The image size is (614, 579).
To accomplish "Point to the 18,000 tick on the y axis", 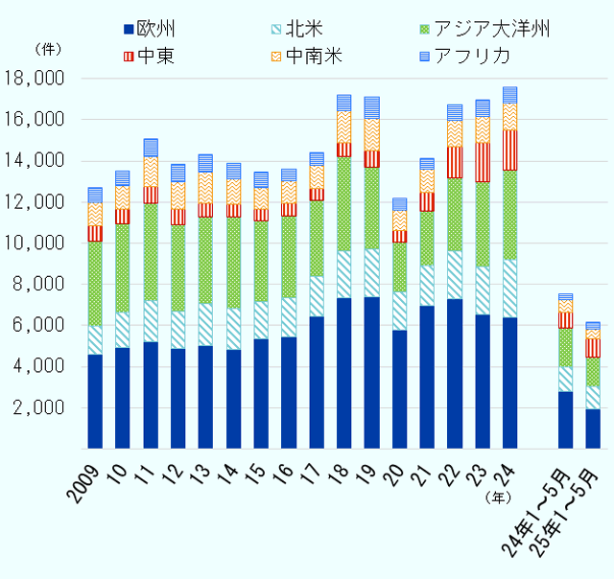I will (37, 79).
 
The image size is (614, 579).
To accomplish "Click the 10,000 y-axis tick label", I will (37, 243).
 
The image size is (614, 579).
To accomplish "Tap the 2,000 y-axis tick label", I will (42, 408).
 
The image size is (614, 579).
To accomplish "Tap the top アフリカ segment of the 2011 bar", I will (150, 148).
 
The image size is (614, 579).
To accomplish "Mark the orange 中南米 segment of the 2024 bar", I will (509, 116).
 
